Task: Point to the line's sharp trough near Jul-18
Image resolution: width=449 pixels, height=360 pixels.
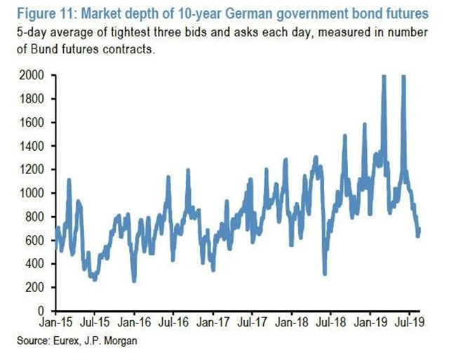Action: (x=325, y=273)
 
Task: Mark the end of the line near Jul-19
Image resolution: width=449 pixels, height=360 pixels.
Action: (x=420, y=229)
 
